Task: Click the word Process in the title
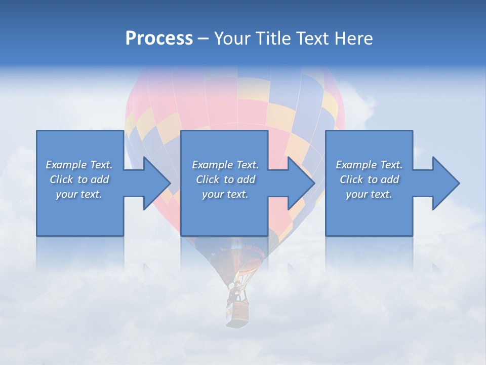pos(159,39)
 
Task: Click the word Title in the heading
pos(273,39)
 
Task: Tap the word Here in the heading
pos(353,39)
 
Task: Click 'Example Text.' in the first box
pos(79,165)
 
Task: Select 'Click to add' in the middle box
pos(225,179)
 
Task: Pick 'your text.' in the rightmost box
pos(369,194)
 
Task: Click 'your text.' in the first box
pos(79,194)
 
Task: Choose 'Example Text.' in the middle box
pos(225,165)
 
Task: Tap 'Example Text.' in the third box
pos(369,165)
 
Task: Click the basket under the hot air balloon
pos(238,312)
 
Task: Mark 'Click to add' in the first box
pos(79,179)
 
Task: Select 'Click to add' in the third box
pos(369,179)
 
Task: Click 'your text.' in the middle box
pos(225,194)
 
